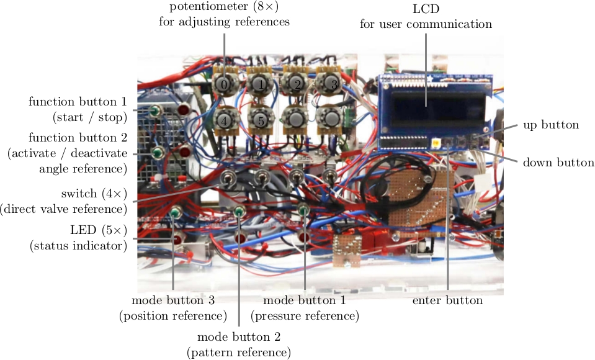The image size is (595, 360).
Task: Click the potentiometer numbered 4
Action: (224, 119)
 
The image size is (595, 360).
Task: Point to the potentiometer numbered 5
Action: (261, 120)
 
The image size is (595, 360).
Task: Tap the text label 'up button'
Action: (551, 125)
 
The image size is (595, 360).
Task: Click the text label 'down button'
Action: (558, 163)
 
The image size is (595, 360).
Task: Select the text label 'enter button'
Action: (447, 300)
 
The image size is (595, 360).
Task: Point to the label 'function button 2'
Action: (78, 136)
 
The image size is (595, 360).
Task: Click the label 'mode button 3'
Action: (173, 300)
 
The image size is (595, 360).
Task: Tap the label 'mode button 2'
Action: (239, 337)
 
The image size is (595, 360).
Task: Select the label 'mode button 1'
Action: (305, 300)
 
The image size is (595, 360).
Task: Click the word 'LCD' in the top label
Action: (426, 9)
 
